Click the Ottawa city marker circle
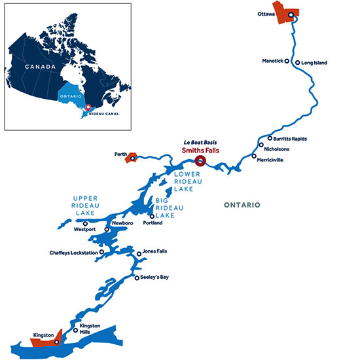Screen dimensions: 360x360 [291, 14]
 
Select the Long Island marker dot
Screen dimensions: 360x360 [298, 63]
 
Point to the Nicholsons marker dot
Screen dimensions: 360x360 [261, 145]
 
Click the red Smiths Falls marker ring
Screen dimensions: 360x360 [200, 159]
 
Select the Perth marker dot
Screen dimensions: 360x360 [133, 157]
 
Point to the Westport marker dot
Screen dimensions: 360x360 [84, 223]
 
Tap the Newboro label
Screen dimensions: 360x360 [122, 223]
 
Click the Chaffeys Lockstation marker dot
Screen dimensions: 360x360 [102, 252]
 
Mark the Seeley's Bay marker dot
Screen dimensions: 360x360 [135, 278]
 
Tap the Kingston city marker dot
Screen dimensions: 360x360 [56, 342]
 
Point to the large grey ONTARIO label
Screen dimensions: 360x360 [242, 205]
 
